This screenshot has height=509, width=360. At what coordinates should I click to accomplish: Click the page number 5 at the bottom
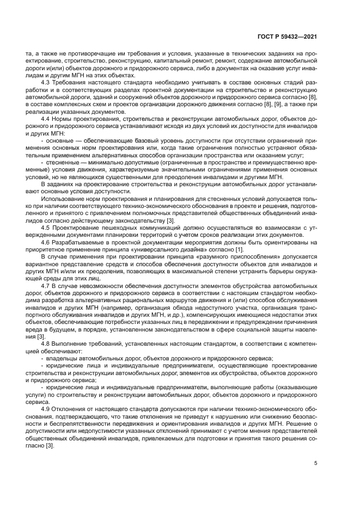315,464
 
